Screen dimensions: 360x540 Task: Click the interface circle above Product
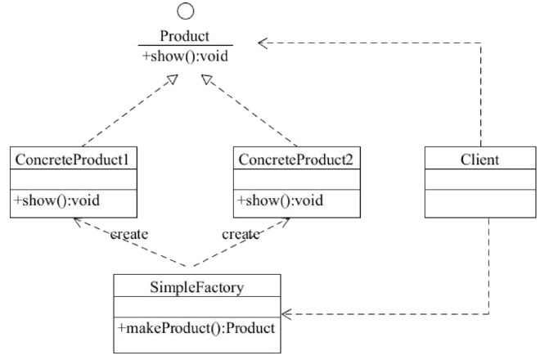coord(186,11)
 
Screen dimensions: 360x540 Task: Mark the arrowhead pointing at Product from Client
coord(263,42)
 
